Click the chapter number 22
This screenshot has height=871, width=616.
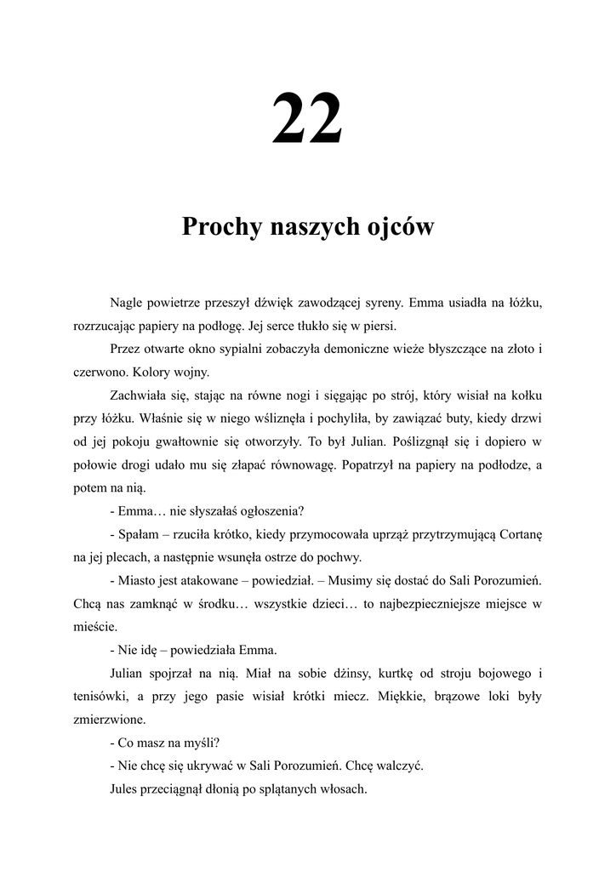click(x=307, y=119)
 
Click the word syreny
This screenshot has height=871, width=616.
click(x=417, y=303)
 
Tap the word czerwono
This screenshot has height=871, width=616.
click(x=100, y=373)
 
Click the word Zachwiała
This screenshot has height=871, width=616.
click(x=139, y=396)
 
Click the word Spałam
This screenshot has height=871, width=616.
click(x=138, y=535)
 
